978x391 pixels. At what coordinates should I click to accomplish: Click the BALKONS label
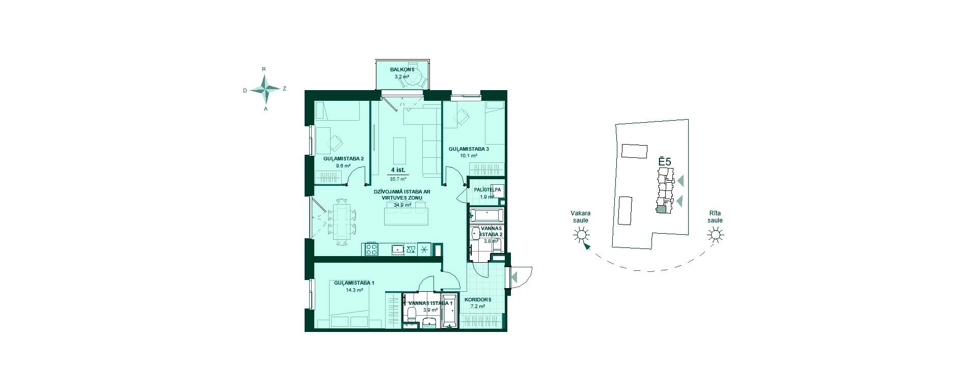402,70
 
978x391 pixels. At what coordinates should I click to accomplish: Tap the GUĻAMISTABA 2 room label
343,159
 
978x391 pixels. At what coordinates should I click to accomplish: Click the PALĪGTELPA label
487,190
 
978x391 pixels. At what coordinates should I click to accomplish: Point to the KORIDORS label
478,300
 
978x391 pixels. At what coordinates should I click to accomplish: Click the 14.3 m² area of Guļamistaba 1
355,290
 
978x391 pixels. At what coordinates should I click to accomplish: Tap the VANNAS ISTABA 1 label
430,303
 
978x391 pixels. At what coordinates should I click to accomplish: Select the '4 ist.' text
398,170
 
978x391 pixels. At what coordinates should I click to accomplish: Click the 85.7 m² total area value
398,179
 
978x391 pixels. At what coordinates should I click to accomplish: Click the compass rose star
265,89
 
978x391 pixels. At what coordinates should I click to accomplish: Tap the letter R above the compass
263,69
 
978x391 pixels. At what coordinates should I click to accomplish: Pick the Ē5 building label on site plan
665,161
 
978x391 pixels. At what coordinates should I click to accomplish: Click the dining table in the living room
341,221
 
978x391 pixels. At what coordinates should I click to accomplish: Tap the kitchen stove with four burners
370,249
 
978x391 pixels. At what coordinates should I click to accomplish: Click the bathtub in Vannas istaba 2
486,215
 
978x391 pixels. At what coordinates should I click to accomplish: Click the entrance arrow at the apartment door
514,277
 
